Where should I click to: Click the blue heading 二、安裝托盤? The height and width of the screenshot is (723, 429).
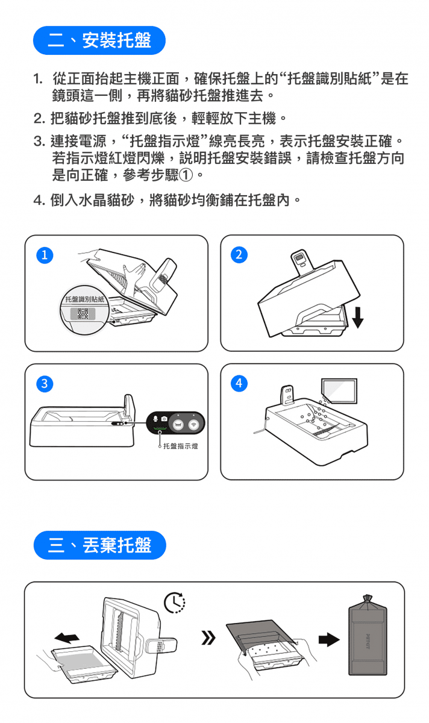pyautogui.click(x=99, y=40)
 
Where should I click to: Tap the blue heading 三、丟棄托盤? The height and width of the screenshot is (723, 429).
pyautogui.click(x=100, y=545)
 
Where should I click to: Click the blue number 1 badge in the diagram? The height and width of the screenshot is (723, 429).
pyautogui.click(x=45, y=255)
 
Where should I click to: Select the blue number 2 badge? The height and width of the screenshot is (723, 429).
pyautogui.click(x=239, y=255)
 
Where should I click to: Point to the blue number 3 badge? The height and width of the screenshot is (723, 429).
pyautogui.click(x=45, y=383)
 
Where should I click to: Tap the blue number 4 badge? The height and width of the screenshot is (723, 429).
pyautogui.click(x=239, y=383)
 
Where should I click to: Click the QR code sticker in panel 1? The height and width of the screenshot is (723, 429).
pyautogui.click(x=83, y=313)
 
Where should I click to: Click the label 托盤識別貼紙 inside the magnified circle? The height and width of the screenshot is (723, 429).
pyautogui.click(x=85, y=299)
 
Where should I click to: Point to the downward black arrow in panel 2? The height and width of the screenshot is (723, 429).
pyautogui.click(x=358, y=318)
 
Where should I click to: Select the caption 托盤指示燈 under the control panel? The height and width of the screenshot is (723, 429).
pyautogui.click(x=180, y=446)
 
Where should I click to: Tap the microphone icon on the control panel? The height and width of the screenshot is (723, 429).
pyautogui.click(x=155, y=418)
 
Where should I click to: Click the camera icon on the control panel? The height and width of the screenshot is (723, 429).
pyautogui.click(x=164, y=419)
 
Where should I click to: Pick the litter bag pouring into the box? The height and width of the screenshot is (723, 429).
pyautogui.click(x=339, y=390)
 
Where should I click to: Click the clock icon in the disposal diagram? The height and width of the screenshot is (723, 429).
pyautogui.click(x=175, y=602)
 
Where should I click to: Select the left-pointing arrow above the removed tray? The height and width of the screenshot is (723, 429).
pyautogui.click(x=67, y=638)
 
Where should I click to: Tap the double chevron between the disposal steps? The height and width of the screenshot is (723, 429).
pyautogui.click(x=208, y=638)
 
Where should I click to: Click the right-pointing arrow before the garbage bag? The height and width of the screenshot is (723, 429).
pyautogui.click(x=329, y=639)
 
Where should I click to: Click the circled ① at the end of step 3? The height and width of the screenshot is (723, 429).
pyautogui.click(x=186, y=175)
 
